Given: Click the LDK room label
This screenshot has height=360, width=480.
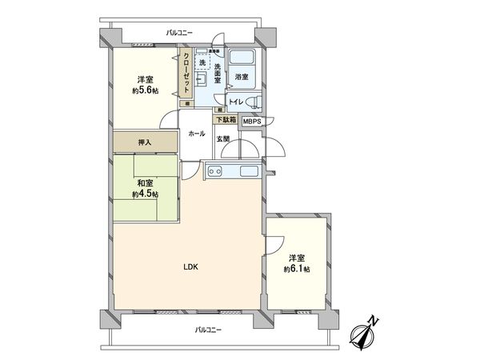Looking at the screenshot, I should (x=190, y=266).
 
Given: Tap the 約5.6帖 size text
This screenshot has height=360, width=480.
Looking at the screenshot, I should (x=145, y=91).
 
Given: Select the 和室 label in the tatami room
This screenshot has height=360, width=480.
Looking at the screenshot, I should (x=145, y=182).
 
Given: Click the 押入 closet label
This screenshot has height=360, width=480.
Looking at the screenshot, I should (x=145, y=142).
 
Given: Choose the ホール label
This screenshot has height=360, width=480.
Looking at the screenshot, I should (x=196, y=134).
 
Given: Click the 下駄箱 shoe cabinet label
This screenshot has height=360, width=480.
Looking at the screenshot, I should (x=226, y=120).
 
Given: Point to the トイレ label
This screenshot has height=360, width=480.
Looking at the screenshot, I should (x=237, y=102).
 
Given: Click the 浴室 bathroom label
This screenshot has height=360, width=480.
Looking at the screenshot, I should (x=242, y=77).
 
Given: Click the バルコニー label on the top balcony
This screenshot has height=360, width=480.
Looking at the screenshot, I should (x=180, y=32).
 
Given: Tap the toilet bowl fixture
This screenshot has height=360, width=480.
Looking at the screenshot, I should (x=255, y=102).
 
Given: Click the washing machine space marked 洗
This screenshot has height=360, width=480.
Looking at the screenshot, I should (x=202, y=62).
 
